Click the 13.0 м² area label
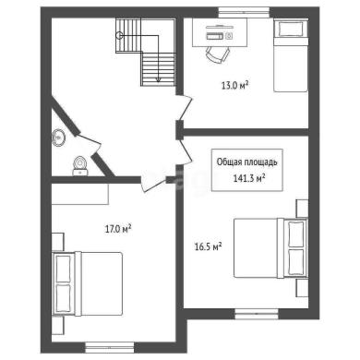[234, 85]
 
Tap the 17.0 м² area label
[118, 229]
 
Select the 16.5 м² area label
[209, 246]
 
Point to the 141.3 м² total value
[249, 178]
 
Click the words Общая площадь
[246, 162]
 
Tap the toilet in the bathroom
[80, 166]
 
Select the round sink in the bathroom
[58, 138]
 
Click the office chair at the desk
[218, 54]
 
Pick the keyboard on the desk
[214, 36]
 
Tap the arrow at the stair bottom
[158, 79]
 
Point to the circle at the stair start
[119, 36]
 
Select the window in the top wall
[244, 13]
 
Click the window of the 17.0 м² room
[110, 347]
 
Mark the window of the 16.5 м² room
[257, 314]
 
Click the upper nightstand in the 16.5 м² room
[302, 209]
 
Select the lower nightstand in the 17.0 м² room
[57, 325]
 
